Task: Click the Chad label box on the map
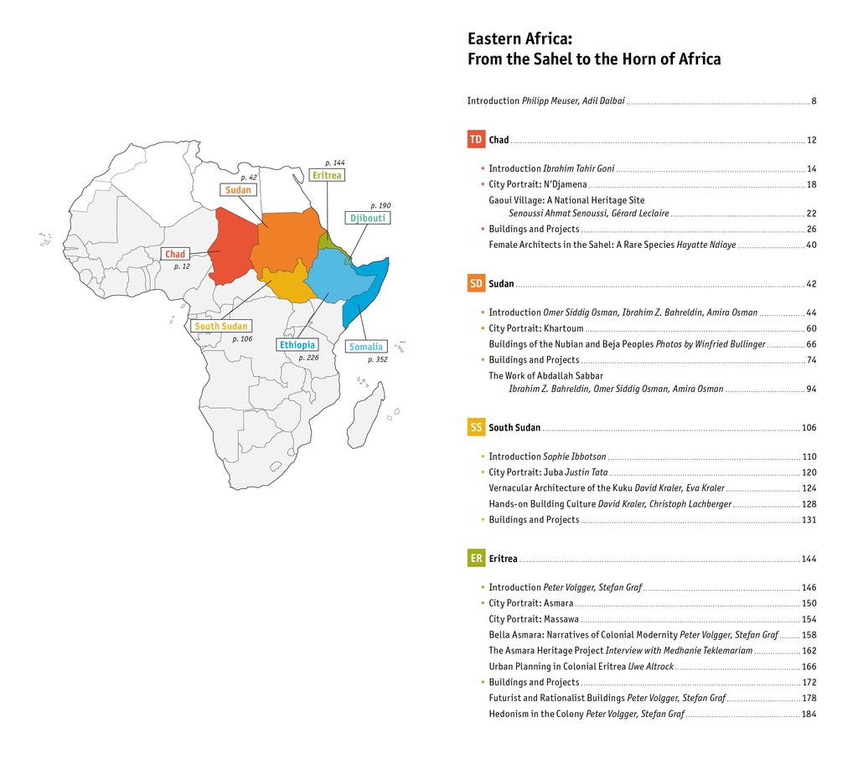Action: point(175,254)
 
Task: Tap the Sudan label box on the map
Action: point(238,190)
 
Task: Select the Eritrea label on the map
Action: point(327,175)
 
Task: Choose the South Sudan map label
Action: point(221,326)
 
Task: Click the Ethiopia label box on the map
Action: point(297,345)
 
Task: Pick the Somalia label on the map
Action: point(366,347)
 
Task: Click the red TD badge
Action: point(476,140)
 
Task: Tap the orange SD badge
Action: point(476,284)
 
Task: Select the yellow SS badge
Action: point(476,427)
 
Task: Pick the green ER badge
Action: point(476,558)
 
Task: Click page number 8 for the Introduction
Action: point(814,101)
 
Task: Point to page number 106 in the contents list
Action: point(809,428)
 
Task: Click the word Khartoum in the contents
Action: point(563,328)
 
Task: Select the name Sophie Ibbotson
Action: point(574,456)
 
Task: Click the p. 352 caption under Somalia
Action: point(378,359)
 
